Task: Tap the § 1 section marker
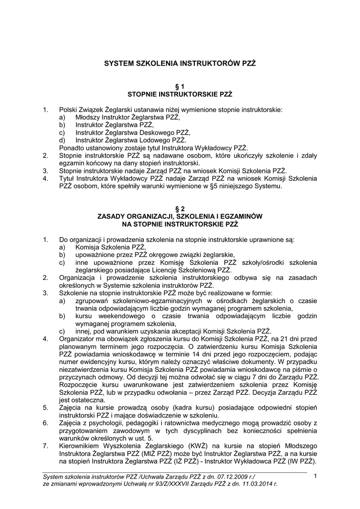pyautogui.click(x=180, y=86)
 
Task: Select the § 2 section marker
pyautogui.click(x=180, y=209)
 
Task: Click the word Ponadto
pyautogui.click(x=72, y=148)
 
